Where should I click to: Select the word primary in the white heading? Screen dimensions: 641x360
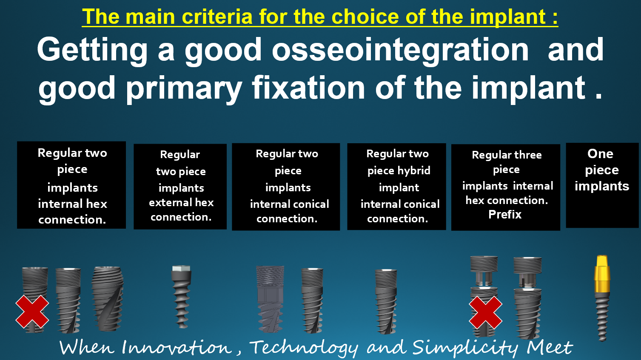coord(184,89)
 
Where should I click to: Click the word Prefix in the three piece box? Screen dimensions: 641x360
coord(505,215)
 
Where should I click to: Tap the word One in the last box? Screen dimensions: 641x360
coord(600,154)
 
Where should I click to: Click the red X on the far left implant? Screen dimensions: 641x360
coord(32,312)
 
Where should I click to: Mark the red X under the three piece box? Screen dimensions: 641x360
coord(485,312)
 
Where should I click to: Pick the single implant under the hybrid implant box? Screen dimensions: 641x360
coord(386,301)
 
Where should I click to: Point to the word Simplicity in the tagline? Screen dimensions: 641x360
coord(464,348)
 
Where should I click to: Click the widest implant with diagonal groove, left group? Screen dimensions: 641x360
coord(107,299)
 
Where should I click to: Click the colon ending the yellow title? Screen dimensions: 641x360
coord(555,17)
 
